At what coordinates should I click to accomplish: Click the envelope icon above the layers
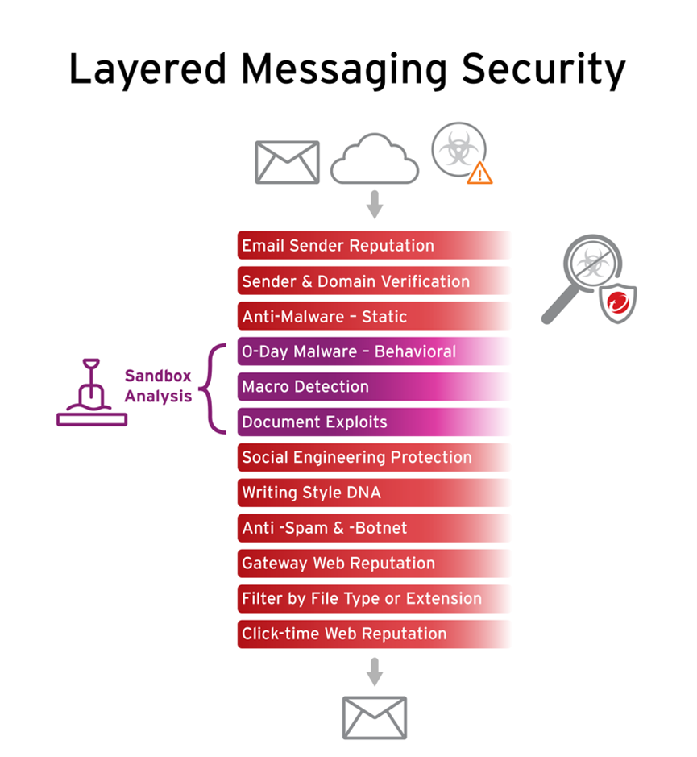point(287,162)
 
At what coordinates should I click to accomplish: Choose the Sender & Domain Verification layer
point(355,281)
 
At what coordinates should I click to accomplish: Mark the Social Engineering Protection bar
point(356,457)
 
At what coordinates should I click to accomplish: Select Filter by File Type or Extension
point(361,599)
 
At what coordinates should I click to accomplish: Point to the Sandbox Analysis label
point(158,386)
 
